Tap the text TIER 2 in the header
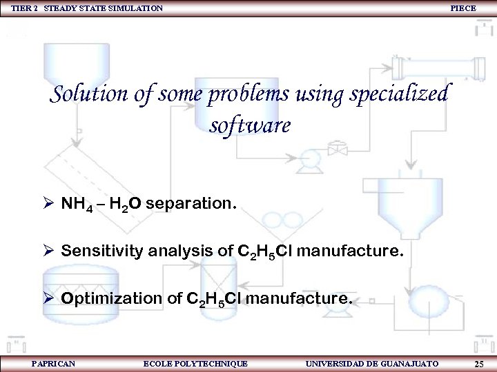click(x=24, y=8)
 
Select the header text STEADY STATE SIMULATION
click(x=104, y=8)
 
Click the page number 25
click(x=479, y=363)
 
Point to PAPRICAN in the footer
click(x=53, y=363)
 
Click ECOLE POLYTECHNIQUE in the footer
click(x=195, y=363)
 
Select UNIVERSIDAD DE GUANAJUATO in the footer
click(x=371, y=363)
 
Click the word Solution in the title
click(x=90, y=94)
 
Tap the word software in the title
click(x=249, y=126)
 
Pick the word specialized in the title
click(x=400, y=95)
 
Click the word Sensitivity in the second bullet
click(x=101, y=251)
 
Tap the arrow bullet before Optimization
click(x=48, y=298)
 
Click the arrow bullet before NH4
click(x=48, y=204)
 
